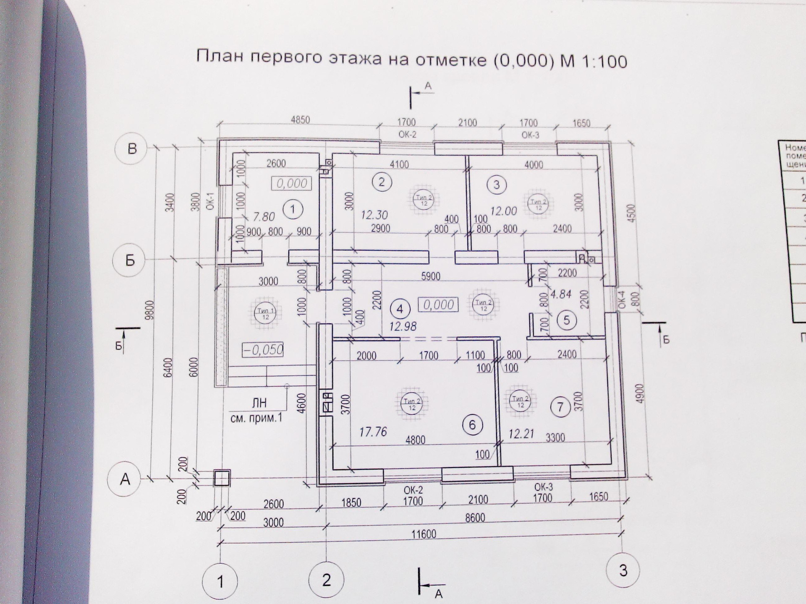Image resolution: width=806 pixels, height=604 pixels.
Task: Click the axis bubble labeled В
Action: [x=132, y=148]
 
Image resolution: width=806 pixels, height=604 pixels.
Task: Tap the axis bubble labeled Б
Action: [x=130, y=260]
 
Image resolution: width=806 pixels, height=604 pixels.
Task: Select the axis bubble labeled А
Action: [x=125, y=479]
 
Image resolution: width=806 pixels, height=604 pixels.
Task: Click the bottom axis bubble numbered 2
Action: [x=326, y=580]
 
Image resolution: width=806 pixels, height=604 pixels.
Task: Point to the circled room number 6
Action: [x=472, y=425]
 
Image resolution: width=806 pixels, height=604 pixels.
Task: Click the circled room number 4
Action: [x=400, y=309]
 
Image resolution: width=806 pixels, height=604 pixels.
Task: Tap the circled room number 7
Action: [x=560, y=406]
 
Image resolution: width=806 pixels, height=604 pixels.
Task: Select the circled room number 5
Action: [x=567, y=320]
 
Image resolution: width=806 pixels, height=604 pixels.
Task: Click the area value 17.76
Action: [x=373, y=431]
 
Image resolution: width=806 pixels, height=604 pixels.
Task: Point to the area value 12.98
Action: [x=403, y=326]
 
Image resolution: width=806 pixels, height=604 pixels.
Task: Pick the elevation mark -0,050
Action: [x=263, y=349]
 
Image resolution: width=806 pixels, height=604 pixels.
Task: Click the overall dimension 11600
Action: [x=424, y=534]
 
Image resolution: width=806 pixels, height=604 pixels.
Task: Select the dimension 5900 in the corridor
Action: [x=431, y=276]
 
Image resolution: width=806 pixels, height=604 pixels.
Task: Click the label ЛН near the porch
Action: [x=259, y=403]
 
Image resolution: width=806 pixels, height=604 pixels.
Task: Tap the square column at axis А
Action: [x=222, y=478]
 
